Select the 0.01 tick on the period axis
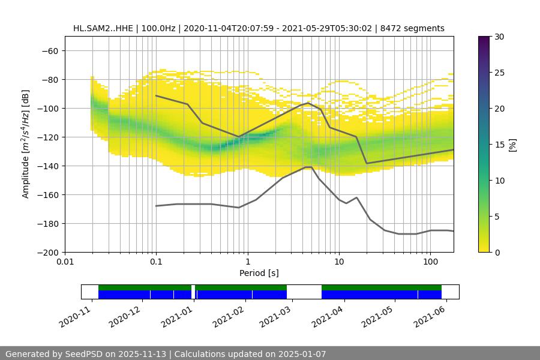click(x=65, y=262)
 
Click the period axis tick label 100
click(x=430, y=262)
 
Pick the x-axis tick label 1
click(x=247, y=262)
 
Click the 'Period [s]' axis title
click(x=259, y=274)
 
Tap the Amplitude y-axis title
click(x=26, y=144)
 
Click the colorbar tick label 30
click(x=499, y=37)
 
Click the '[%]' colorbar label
click(x=512, y=145)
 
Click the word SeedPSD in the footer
click(x=86, y=355)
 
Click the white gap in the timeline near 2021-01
click(x=193, y=292)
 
